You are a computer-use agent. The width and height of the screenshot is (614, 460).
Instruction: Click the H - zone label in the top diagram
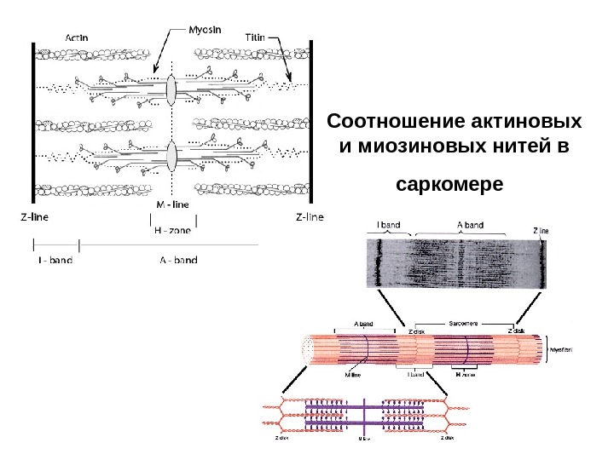[x=173, y=228]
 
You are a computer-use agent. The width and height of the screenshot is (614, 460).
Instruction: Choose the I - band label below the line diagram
[x=55, y=260]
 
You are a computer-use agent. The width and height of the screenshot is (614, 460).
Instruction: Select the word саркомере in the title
[x=451, y=183]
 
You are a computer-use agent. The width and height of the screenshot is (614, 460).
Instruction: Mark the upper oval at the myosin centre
[x=171, y=89]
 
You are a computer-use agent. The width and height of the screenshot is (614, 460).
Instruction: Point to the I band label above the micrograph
[x=388, y=226]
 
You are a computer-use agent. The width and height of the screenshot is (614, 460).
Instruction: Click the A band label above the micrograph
[x=470, y=226]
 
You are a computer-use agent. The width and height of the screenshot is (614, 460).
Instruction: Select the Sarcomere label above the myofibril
[x=465, y=324]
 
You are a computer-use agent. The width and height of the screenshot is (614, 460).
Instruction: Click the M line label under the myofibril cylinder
[x=352, y=373]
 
